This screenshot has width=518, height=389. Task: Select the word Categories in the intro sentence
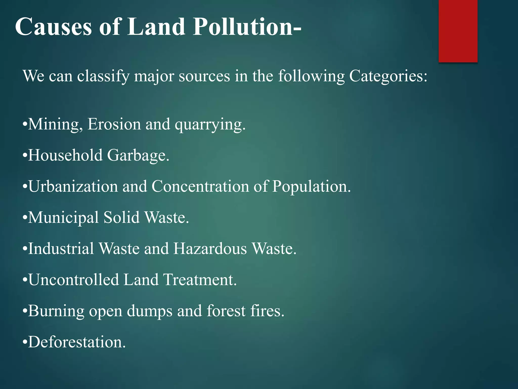(x=388, y=76)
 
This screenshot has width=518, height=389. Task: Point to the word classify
(x=103, y=76)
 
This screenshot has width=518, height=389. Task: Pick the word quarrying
(x=210, y=125)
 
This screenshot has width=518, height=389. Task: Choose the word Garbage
(x=138, y=155)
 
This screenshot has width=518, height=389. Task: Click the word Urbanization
(x=73, y=186)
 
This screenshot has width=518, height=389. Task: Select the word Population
(x=311, y=187)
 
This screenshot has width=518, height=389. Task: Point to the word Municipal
(x=63, y=218)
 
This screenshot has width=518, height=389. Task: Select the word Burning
(x=56, y=311)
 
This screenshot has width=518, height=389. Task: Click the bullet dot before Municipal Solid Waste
(x=25, y=218)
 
